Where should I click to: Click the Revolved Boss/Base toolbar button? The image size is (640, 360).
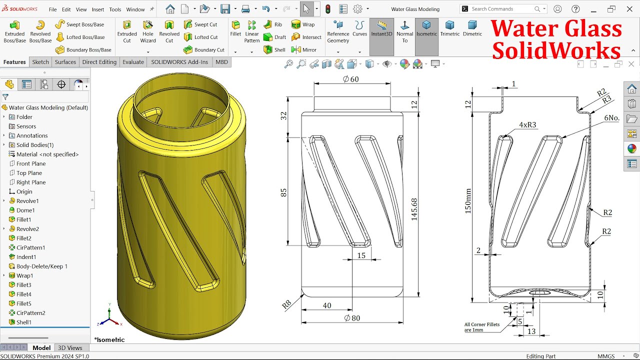tap(40, 31)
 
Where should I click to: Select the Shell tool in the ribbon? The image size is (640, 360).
tap(274, 50)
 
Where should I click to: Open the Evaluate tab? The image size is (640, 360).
tap(133, 62)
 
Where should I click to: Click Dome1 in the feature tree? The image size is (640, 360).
tap(25, 210)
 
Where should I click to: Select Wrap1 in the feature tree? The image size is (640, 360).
tap(24, 275)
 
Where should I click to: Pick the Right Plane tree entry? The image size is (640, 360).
tap(31, 182)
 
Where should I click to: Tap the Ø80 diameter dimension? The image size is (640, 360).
tap(352, 318)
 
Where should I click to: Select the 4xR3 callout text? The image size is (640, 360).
tap(527, 125)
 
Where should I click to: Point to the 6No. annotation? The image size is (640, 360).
tap(611, 118)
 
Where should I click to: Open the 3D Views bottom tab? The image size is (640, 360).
tap(70, 348)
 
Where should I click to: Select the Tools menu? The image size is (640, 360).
tap(115, 9)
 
